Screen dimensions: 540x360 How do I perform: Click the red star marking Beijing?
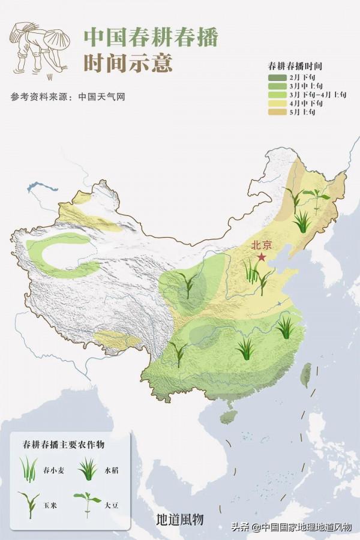[x=262, y=257]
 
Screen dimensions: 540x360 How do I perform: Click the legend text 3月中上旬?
[x=302, y=86]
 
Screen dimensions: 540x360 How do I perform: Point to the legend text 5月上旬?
[x=301, y=112]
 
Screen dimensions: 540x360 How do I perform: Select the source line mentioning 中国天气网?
[x=68, y=97]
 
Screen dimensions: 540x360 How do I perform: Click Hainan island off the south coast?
[x=228, y=416]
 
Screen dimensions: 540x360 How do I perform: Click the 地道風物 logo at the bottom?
[x=179, y=519]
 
